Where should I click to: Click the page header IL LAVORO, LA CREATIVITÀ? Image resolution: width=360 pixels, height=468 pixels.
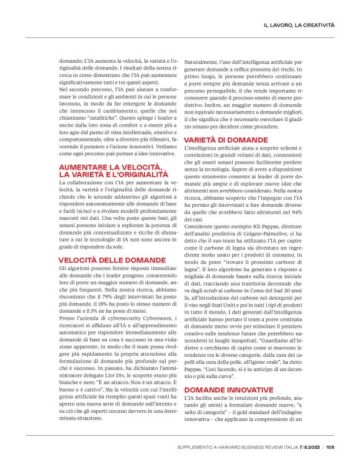click(x=299, y=25)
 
